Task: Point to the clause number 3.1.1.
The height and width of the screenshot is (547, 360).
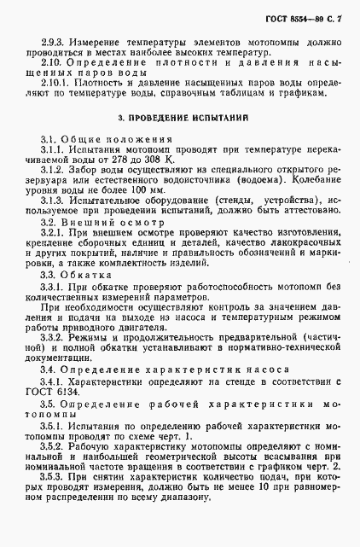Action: point(54,173)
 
